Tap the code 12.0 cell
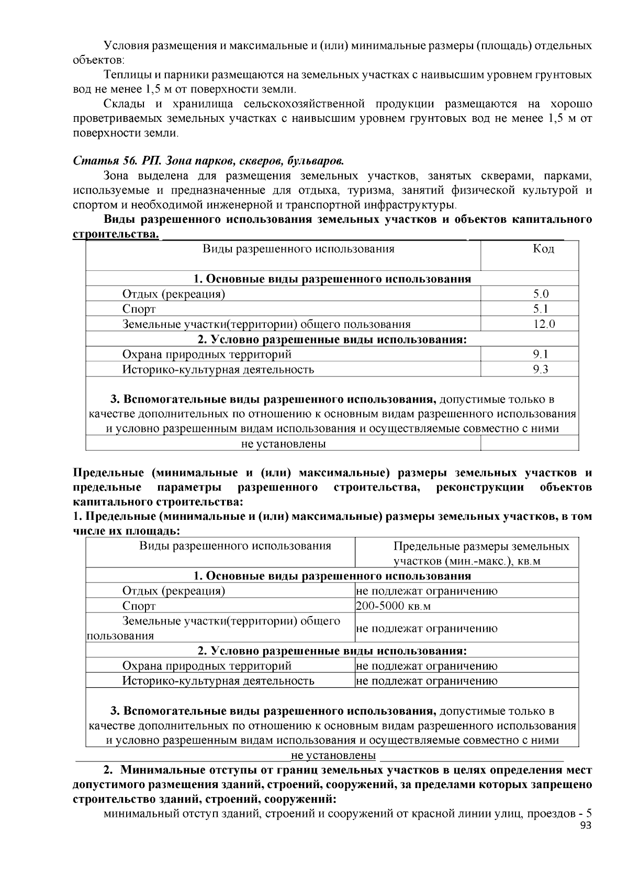544,324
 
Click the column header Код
543,248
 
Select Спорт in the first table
139,309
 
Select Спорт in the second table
139,606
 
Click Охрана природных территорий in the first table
207,354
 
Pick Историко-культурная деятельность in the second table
218,681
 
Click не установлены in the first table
283,444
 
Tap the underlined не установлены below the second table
333,756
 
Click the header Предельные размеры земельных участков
481,554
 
